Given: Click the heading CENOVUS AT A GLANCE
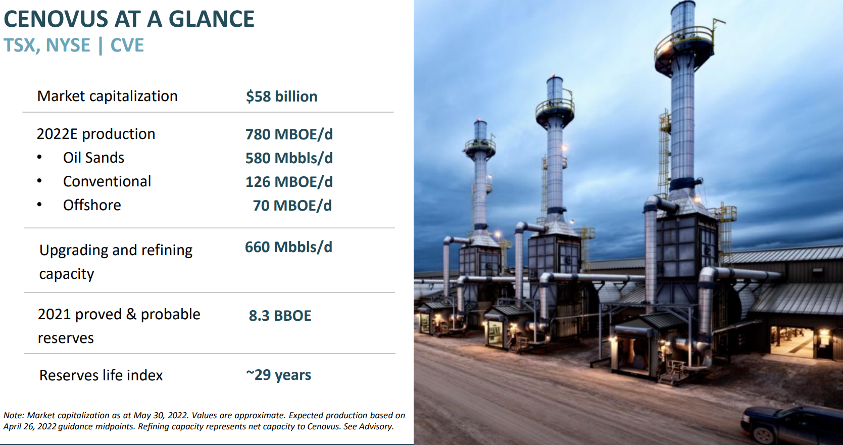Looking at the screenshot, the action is [129, 19].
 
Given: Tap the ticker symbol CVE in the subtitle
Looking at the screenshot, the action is [127, 45].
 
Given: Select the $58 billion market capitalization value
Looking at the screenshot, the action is [281, 96].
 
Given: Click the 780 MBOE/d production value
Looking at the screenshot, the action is [289, 134].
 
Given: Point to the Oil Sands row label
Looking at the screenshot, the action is [93, 158].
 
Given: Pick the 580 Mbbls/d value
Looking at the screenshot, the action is [289, 158].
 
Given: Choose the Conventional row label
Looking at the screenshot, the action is [107, 181].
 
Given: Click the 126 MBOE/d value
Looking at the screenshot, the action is [289, 182].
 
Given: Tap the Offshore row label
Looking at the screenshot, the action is [92, 205].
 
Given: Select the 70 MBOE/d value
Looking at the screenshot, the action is [292, 206].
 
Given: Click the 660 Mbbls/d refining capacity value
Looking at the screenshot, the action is [288, 247].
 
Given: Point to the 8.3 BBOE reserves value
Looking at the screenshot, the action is [280, 316].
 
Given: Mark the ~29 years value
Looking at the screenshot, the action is [278, 375].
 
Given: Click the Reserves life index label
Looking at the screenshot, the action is [101, 375].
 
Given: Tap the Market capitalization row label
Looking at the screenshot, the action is [107, 96].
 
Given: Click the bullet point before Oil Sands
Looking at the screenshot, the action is [39, 158].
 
